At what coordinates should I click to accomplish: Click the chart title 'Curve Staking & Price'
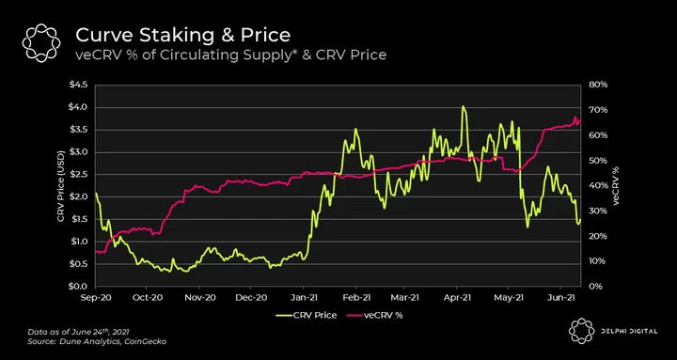[182, 35]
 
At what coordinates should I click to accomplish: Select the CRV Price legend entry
[307, 315]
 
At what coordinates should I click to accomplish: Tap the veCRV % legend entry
[374, 315]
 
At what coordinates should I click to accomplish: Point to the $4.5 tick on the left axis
[78, 85]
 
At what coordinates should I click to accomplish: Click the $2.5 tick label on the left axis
[78, 175]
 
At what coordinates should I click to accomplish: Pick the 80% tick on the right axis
[598, 85]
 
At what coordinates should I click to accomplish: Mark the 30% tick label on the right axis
[598, 211]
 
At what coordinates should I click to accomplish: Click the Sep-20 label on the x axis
[95, 297]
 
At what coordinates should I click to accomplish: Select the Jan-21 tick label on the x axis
[303, 297]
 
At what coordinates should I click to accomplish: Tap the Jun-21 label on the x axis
[560, 297]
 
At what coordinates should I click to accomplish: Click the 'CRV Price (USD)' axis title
[61, 186]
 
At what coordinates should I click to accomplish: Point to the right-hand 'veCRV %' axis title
[616, 185]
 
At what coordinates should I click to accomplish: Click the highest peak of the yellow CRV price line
[463, 106]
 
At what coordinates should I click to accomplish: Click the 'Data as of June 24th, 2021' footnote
[78, 332]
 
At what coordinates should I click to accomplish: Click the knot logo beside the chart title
[41, 42]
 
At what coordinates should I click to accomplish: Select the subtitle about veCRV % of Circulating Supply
[231, 55]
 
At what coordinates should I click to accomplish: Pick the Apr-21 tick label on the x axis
[457, 297]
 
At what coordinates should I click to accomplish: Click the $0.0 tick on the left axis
[78, 286]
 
